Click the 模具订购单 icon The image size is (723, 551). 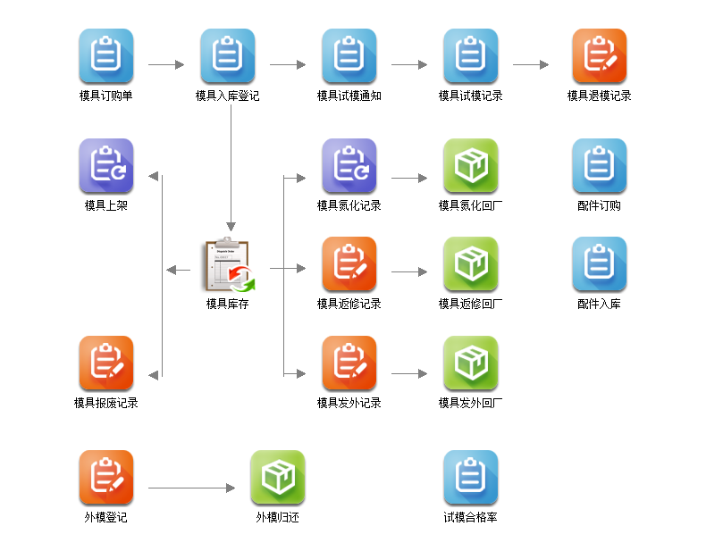click(106, 56)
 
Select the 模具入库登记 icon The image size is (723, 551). click(228, 56)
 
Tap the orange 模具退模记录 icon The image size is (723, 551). click(600, 56)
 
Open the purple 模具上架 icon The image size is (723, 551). click(106, 166)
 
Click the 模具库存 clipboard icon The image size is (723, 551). click(228, 265)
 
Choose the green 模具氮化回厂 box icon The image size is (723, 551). click(471, 166)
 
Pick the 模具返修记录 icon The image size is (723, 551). click(349, 264)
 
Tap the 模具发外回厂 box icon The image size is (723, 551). click(471, 363)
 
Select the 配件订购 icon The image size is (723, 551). click(600, 166)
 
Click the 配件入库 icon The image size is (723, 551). click(600, 264)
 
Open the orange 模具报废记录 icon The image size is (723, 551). click(106, 363)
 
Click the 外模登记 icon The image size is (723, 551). click(106, 478)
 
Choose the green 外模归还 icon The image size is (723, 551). click(278, 478)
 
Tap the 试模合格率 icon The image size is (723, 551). click(471, 478)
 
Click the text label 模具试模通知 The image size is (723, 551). click(349, 96)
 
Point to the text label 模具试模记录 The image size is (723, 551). click(471, 96)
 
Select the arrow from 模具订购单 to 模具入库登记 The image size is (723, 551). click(166, 64)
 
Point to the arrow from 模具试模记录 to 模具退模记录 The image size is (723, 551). click(531, 64)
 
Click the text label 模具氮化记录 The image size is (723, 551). click(349, 205)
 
